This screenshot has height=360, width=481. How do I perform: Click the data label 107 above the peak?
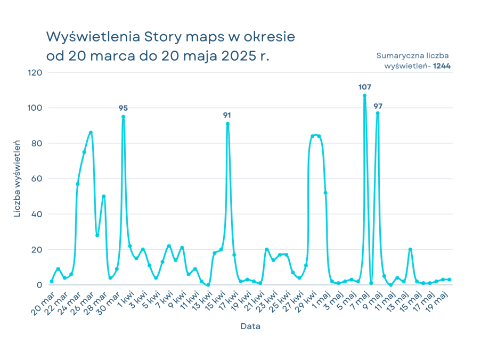[365, 87]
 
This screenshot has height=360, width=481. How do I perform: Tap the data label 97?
[378, 107]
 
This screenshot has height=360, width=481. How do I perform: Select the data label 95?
[123, 108]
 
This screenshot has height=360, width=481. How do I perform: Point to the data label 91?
[227, 115]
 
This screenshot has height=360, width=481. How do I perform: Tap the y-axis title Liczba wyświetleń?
[17, 178]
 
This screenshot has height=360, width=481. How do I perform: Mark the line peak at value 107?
[364, 95]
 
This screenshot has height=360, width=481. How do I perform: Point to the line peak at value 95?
[123, 116]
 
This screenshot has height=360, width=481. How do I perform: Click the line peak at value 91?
[227, 124]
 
